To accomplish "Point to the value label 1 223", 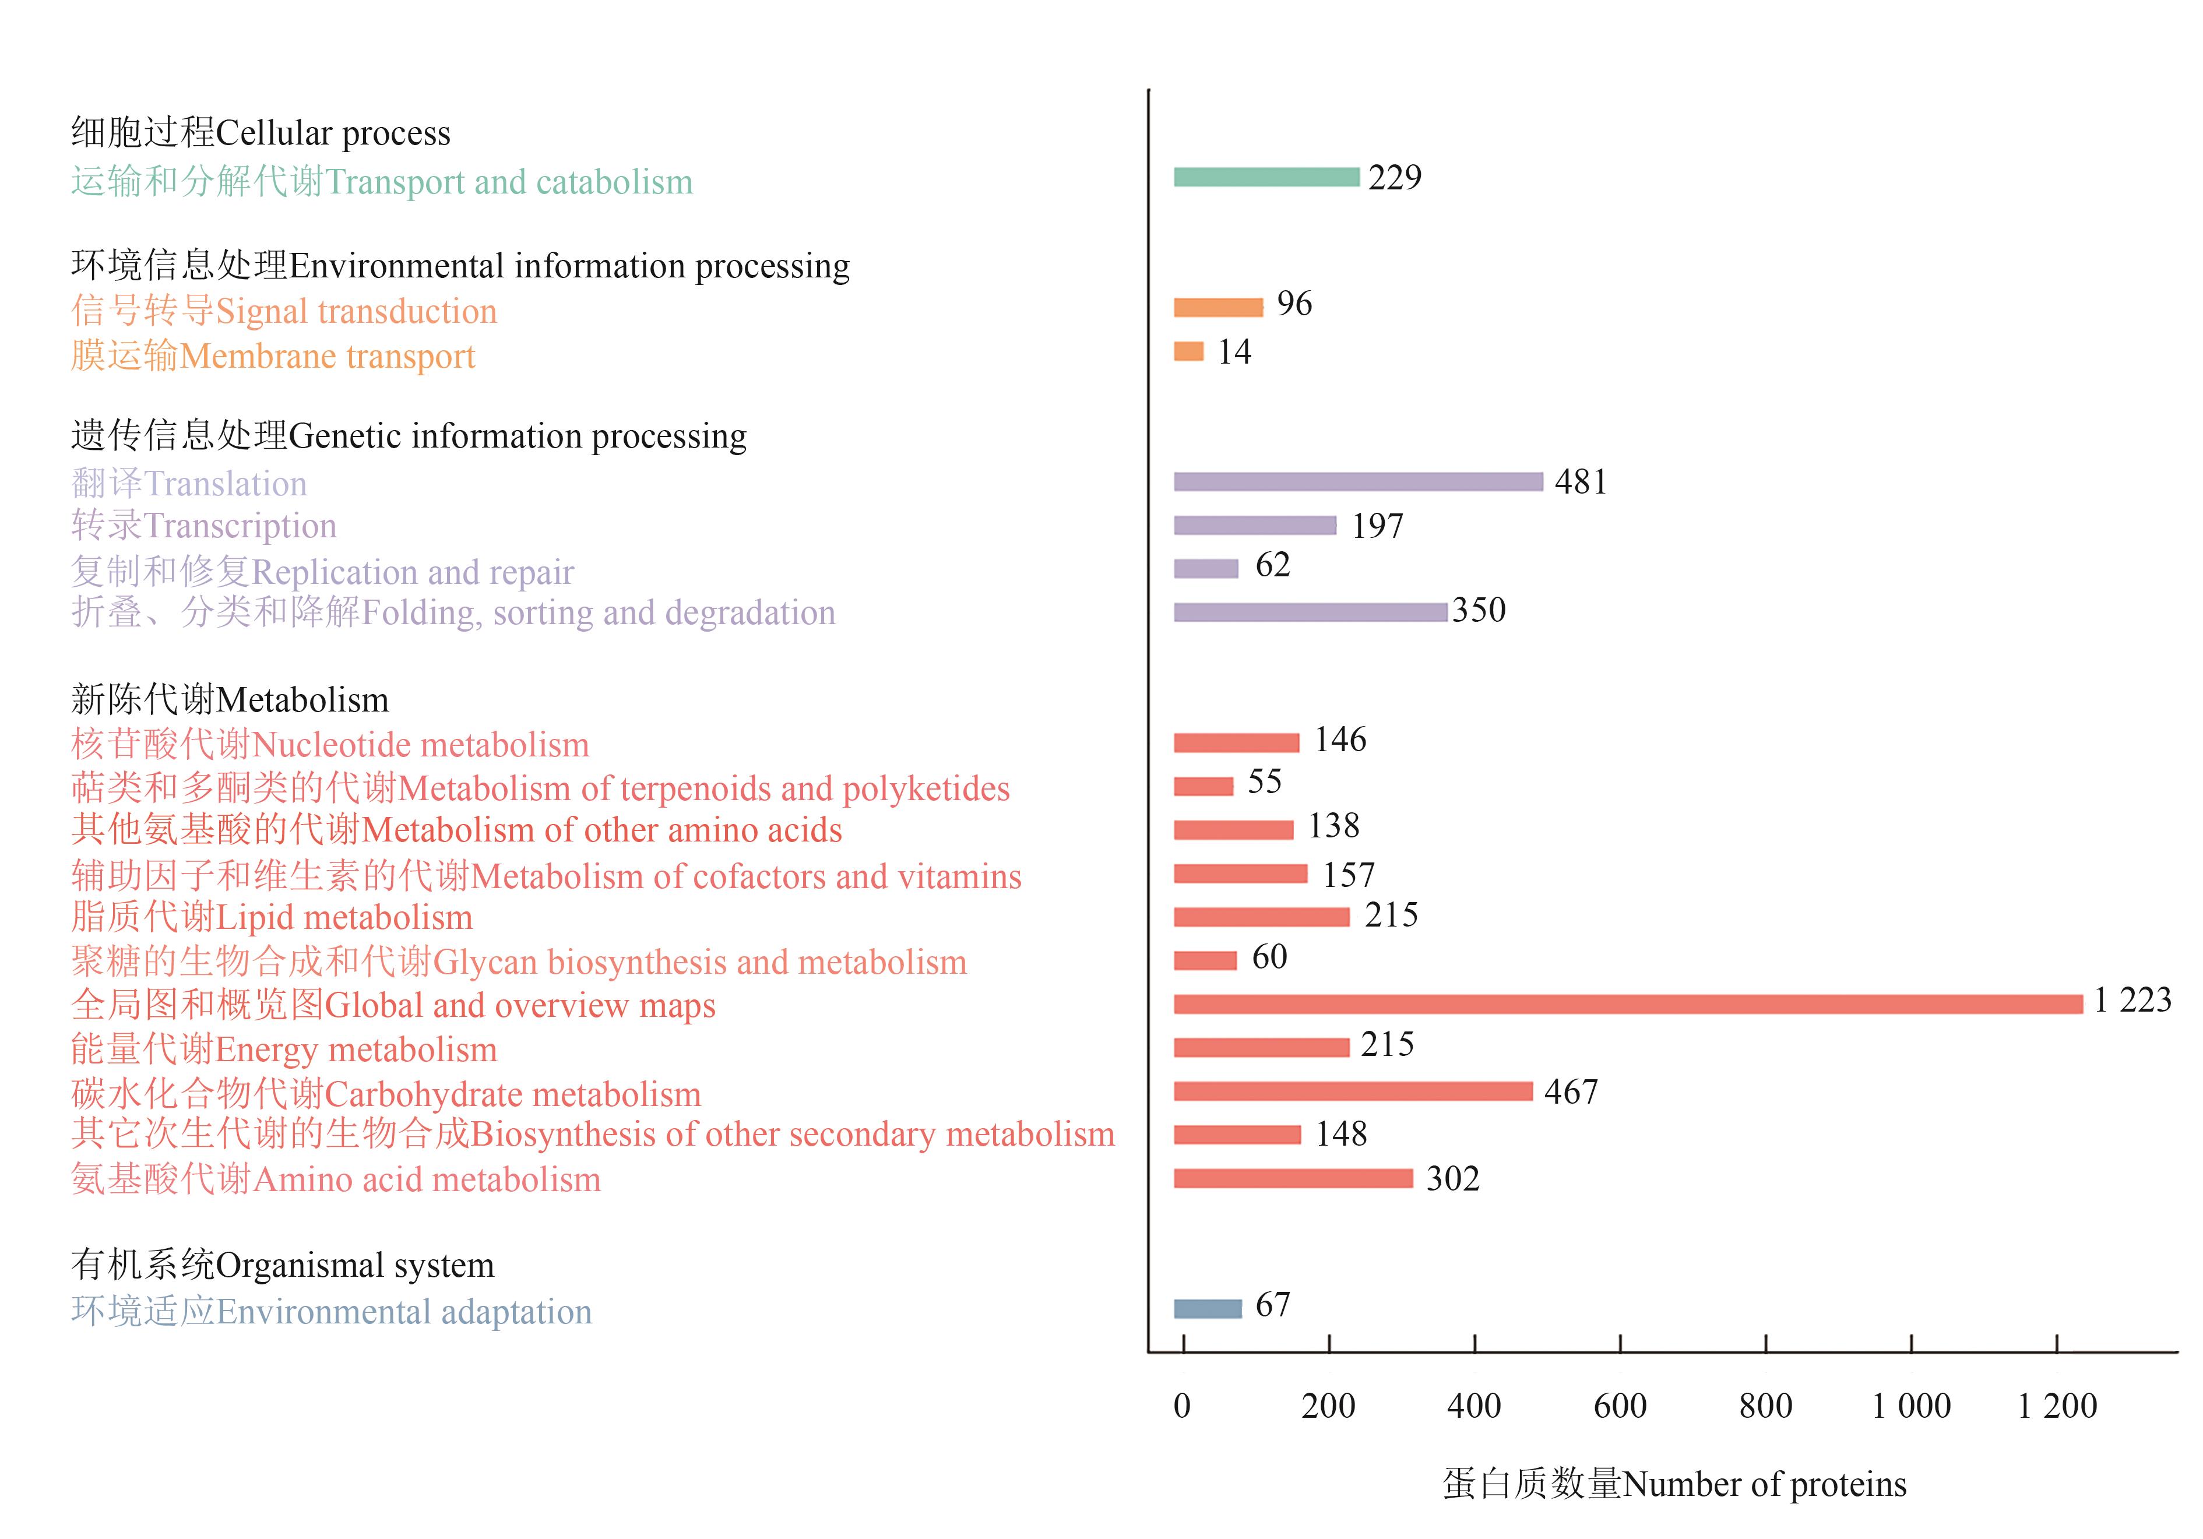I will [x=2132, y=1001].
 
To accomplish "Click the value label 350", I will [x=1479, y=610].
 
